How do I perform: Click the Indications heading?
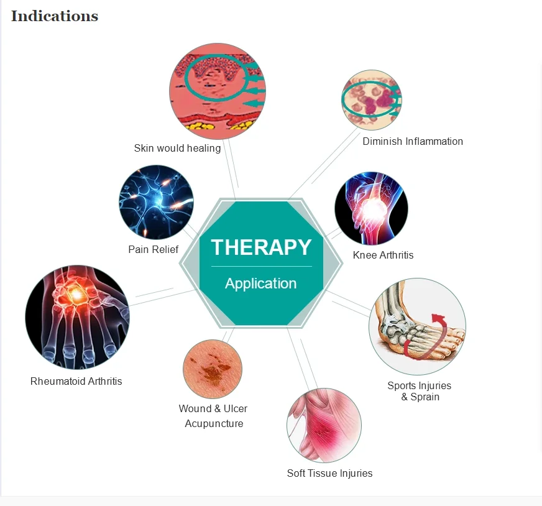pyautogui.click(x=55, y=16)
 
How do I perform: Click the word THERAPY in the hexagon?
pyautogui.click(x=261, y=247)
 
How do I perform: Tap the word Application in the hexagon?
pyautogui.click(x=261, y=283)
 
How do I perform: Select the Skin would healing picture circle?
pyautogui.click(x=217, y=91)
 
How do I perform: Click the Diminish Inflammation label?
pyautogui.click(x=413, y=141)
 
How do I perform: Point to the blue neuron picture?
pyautogui.click(x=156, y=202)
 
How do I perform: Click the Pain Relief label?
pyautogui.click(x=153, y=249)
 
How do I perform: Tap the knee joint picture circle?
pyautogui.click(x=371, y=209)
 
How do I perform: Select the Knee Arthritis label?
pyautogui.click(x=383, y=255)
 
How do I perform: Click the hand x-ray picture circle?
pyautogui.click(x=77, y=318)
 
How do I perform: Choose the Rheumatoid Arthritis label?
pyautogui.click(x=76, y=381)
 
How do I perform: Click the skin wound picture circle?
pyautogui.click(x=212, y=369)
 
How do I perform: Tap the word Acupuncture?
pyautogui.click(x=214, y=423)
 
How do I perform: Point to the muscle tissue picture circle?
pyautogui.click(x=324, y=426)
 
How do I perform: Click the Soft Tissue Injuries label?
pyautogui.click(x=329, y=473)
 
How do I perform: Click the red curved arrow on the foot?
pyautogui.click(x=429, y=339)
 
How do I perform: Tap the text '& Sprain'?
pyautogui.click(x=420, y=397)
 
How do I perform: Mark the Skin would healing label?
pyautogui.click(x=177, y=148)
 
